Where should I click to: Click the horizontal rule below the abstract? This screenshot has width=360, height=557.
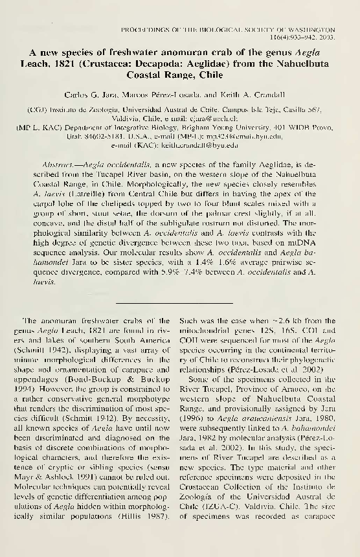(179, 302)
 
